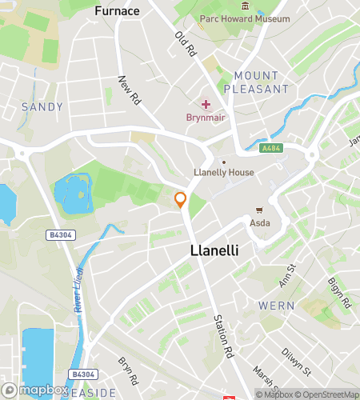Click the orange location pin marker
click(x=181, y=200)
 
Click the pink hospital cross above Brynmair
click(x=206, y=104)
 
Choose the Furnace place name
click(x=117, y=11)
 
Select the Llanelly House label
click(x=225, y=173)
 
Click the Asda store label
click(x=259, y=222)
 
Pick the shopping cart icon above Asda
click(x=259, y=210)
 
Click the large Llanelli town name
click(x=216, y=250)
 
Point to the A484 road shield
click(x=270, y=148)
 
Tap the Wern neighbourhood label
click(x=276, y=306)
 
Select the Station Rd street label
click(x=222, y=334)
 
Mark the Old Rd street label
click(x=186, y=44)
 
